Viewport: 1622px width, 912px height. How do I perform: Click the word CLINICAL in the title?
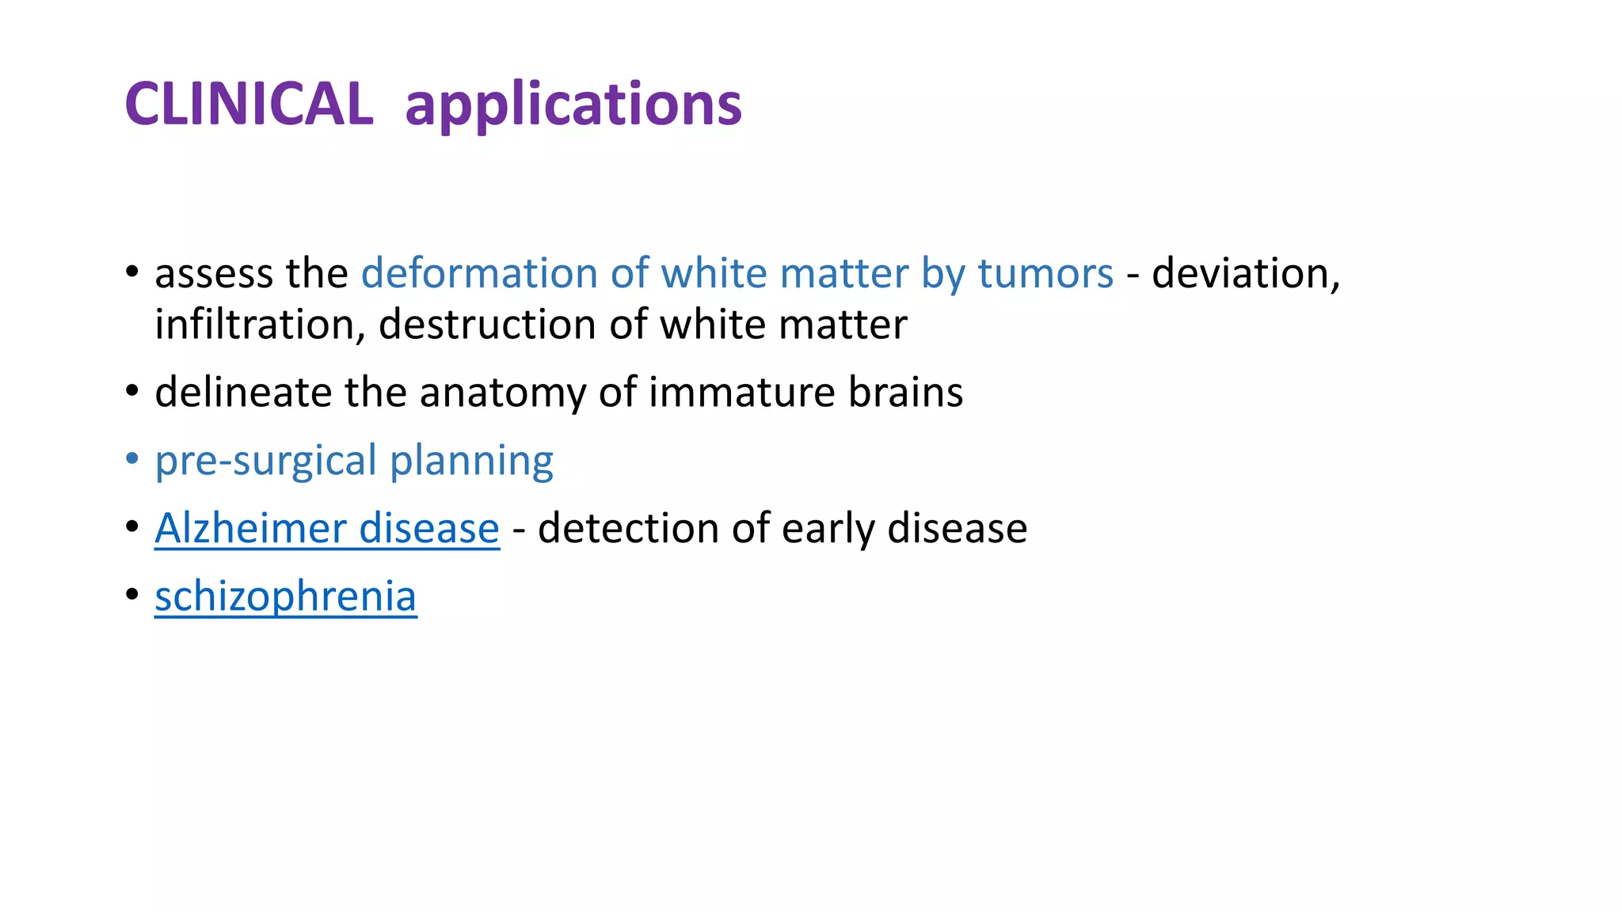tap(249, 104)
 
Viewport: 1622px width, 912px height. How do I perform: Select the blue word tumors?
tap(1045, 273)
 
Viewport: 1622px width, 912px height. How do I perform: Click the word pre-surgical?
tap(265, 461)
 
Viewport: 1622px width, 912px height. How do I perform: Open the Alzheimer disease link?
tap(326, 528)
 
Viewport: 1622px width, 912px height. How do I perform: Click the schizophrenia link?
tap(285, 596)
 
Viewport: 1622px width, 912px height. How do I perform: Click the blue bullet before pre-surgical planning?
tap(132, 459)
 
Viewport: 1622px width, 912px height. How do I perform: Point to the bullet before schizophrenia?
tap(132, 595)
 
